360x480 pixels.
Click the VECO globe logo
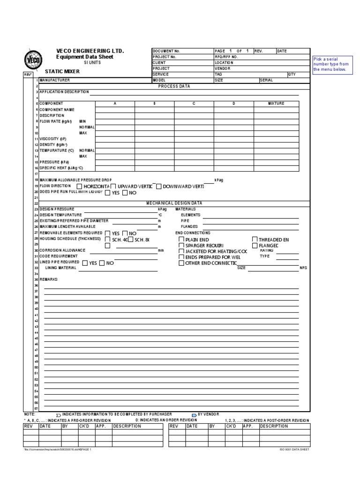coord(30,60)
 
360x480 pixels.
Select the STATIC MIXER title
coord(62,71)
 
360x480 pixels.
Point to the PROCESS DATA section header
coord(174,86)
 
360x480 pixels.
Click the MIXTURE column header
coord(276,103)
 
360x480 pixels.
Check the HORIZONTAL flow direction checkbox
coord(79,186)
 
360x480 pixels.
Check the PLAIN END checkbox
coord(181,239)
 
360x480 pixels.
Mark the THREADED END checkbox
coord(255,239)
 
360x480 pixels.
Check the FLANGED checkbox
coord(255,245)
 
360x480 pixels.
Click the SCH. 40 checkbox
coord(108,239)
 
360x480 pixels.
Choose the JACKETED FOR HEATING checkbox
coord(181,251)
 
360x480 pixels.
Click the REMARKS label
coord(48,279)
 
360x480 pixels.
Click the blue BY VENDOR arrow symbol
coord(194,415)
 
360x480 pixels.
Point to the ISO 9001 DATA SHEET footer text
coord(294,449)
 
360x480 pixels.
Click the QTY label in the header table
coord(292,74)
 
